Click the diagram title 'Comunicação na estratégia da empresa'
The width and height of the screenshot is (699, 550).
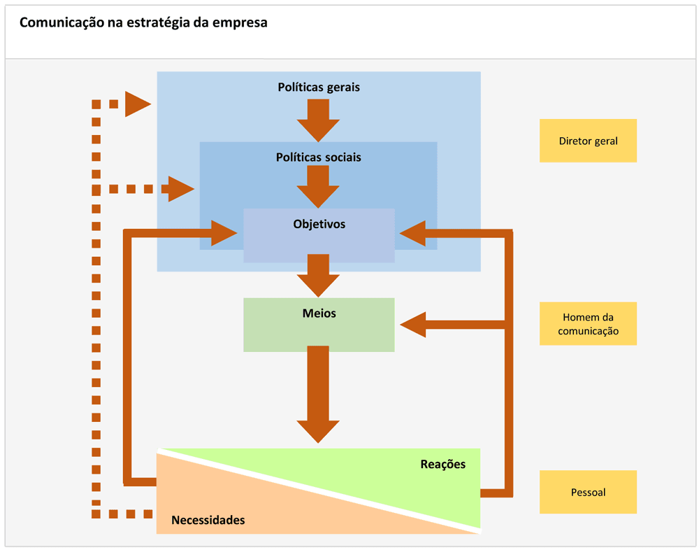(143, 23)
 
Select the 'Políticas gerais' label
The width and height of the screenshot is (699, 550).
(319, 87)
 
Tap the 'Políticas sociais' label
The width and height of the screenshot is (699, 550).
(319, 157)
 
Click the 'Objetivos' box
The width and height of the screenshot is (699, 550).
(319, 236)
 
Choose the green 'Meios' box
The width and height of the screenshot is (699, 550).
(319, 325)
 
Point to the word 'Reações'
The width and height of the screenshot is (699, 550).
(442, 465)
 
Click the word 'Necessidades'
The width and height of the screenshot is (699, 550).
(208, 521)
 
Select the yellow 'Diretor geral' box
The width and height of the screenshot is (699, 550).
(588, 141)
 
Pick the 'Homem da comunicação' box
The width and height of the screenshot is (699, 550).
(588, 323)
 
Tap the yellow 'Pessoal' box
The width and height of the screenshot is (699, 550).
(588, 492)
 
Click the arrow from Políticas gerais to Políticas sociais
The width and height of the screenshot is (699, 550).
(318, 120)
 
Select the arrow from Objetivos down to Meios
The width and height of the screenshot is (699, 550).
(318, 275)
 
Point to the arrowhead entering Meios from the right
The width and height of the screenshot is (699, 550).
(414, 324)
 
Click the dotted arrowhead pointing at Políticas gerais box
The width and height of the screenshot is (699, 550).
(138, 104)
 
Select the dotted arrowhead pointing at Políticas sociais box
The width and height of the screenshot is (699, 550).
(181, 189)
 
